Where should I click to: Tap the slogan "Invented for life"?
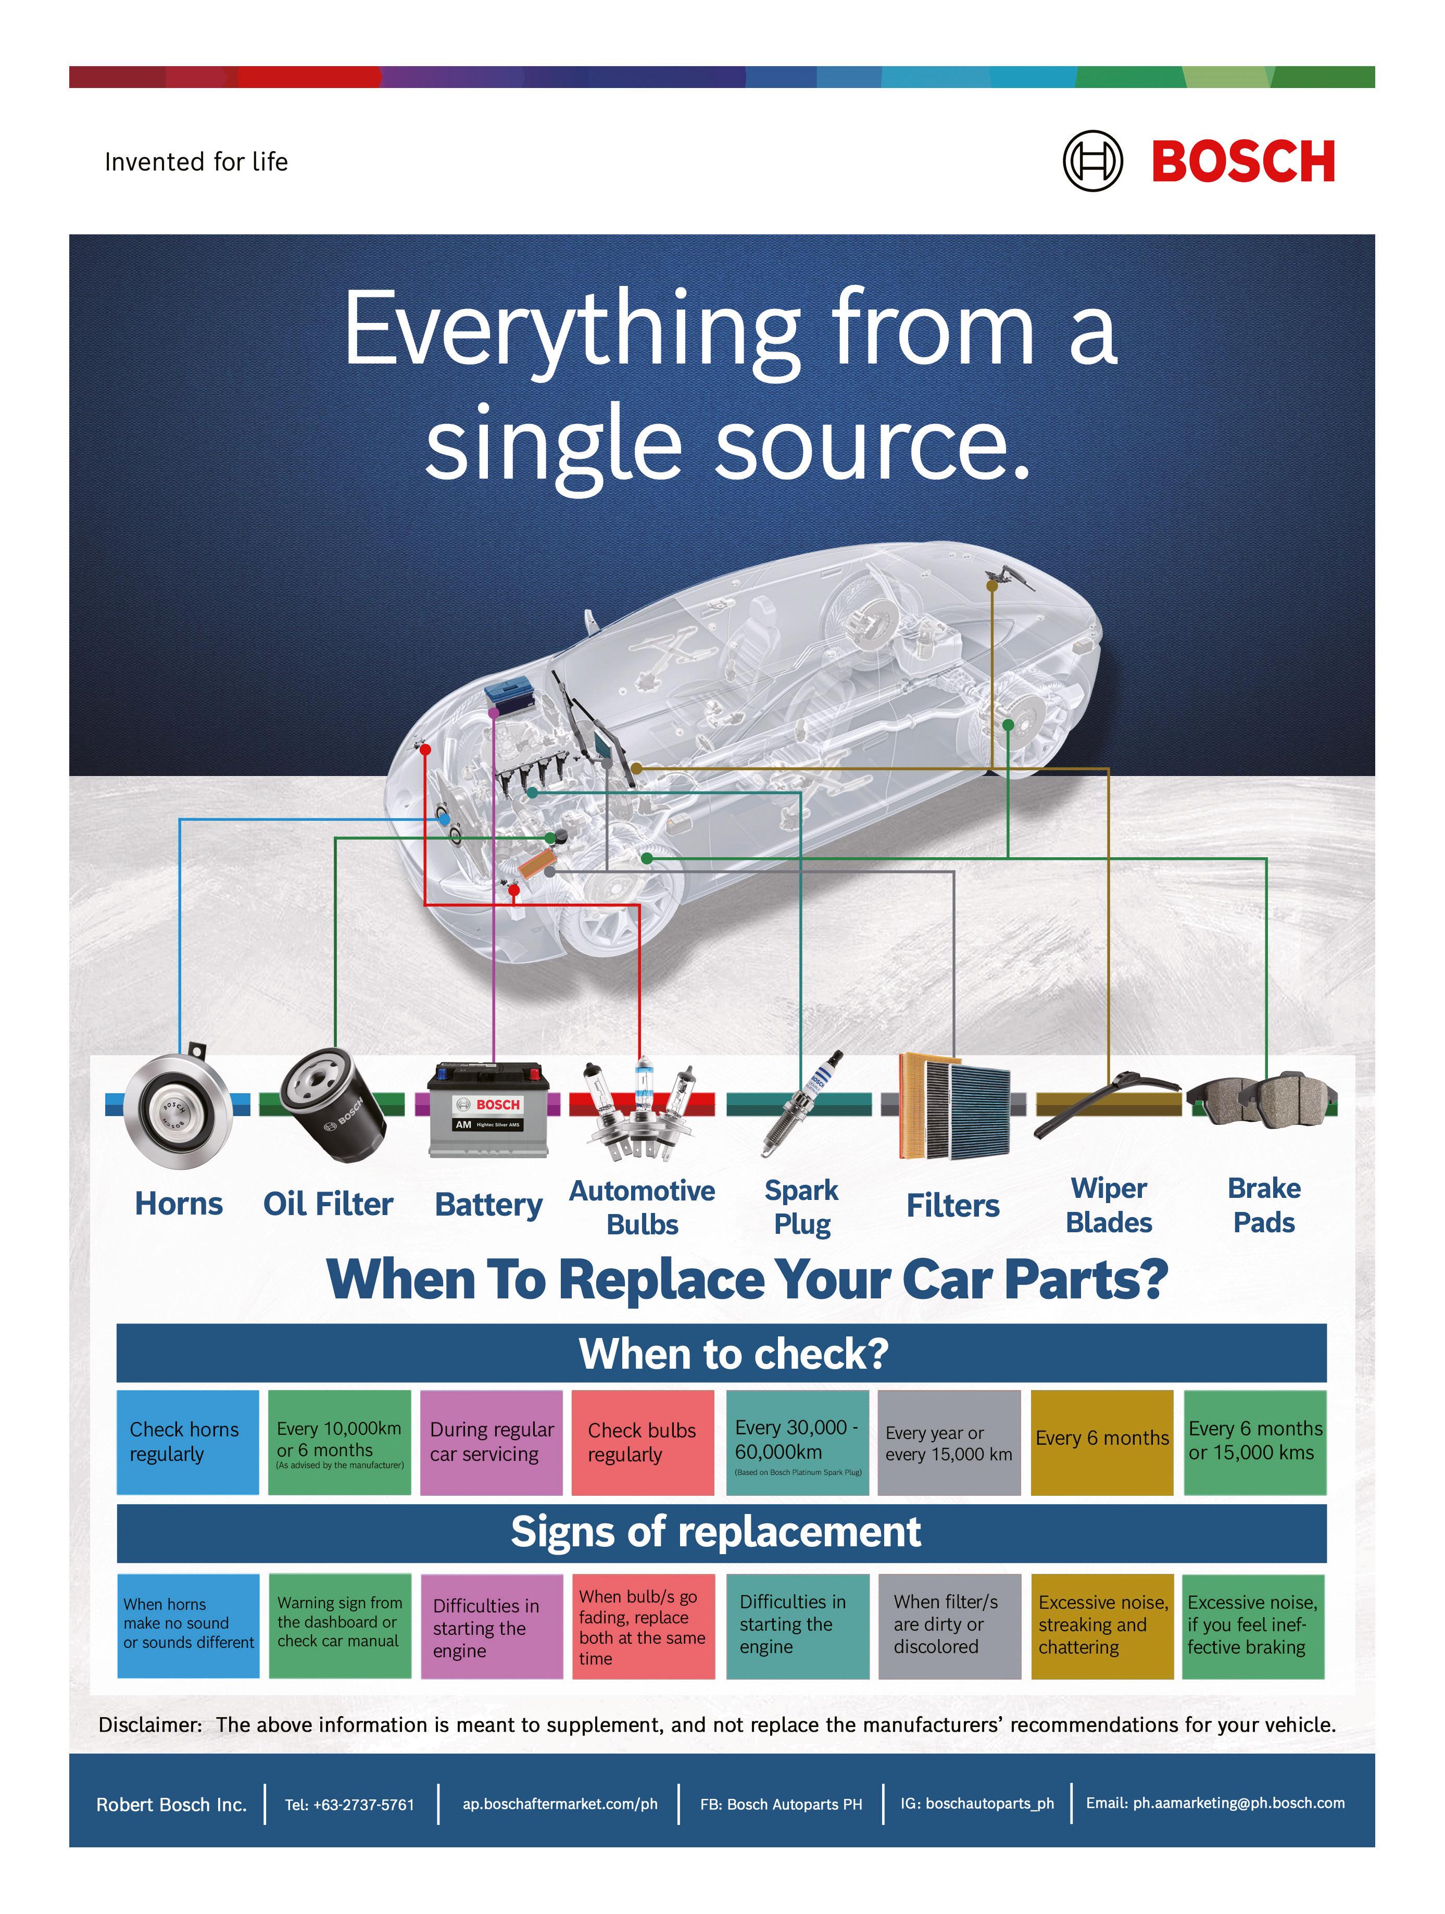196,162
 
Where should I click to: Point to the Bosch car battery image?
489,1111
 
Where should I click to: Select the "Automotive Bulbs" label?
642,1207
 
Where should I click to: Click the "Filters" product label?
953,1205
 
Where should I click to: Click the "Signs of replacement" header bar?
721,1532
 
